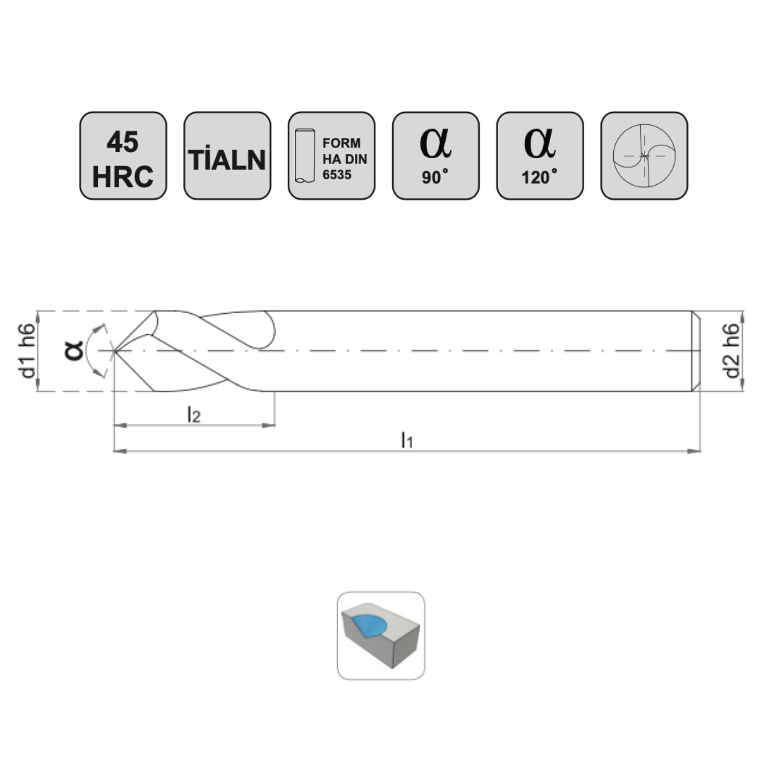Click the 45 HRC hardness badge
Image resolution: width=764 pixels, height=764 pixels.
coord(123,156)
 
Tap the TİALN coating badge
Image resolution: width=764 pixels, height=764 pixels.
coord(227,156)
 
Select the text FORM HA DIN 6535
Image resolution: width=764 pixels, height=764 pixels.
coord(344,159)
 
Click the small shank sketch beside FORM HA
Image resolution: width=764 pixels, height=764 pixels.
coord(305,156)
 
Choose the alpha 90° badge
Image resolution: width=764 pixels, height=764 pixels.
coord(435,156)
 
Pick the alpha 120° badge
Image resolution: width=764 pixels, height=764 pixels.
coord(540,156)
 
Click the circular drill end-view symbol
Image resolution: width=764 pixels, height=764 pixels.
coord(644,155)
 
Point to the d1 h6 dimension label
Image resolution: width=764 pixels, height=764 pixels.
coord(28,351)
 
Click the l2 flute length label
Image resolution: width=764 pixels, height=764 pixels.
coord(194,415)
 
